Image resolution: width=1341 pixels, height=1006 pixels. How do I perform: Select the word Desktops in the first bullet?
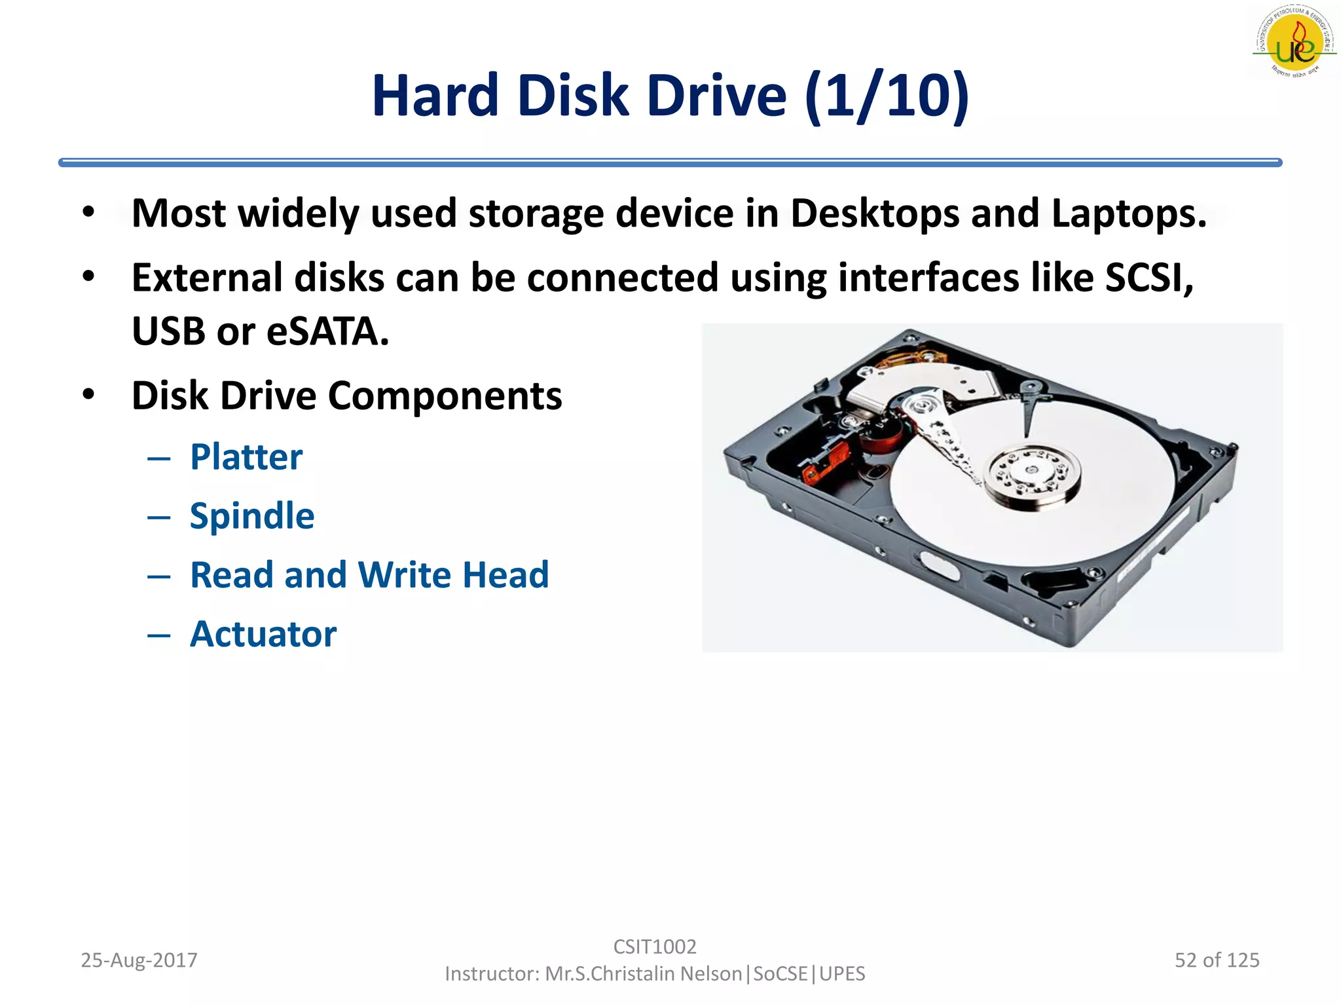coord(875,214)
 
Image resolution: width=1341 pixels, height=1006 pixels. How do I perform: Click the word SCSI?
coord(1149,278)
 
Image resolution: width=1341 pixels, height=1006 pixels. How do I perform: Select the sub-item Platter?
coord(246,456)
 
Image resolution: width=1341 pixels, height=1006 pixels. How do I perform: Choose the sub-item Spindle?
coord(252,515)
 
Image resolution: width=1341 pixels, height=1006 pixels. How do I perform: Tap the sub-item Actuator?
coord(263,634)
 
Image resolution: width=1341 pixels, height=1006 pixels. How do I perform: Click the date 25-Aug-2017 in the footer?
coord(139,960)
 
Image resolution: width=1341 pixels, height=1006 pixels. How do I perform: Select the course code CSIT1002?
coord(655,946)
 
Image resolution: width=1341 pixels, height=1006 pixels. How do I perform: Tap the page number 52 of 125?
coord(1217,960)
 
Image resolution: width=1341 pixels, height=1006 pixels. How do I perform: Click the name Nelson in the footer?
coord(710,974)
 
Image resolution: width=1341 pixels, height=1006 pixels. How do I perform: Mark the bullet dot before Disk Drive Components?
coord(89,395)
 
